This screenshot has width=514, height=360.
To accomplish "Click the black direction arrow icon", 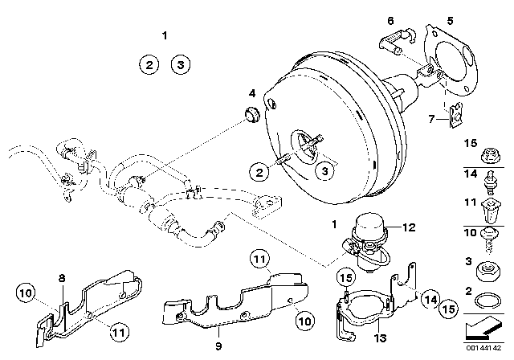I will pyautogui.click(x=487, y=329).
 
